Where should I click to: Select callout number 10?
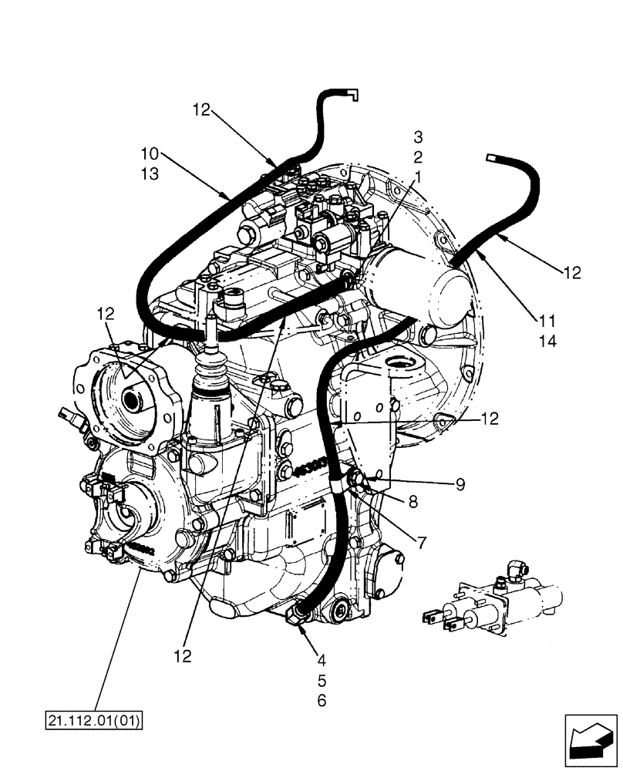pos(150,153)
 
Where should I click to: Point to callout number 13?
pos(150,174)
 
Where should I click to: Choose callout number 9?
pos(460,484)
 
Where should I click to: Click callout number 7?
pos(422,542)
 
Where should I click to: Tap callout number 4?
pos(321,660)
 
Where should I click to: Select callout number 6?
pos(321,701)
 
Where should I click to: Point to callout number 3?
pos(418,137)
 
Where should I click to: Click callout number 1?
pos(418,176)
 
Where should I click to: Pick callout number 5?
pos(321,681)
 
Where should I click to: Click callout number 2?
pos(418,157)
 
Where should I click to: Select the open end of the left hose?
pos(353,95)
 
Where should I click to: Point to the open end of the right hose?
pos(490,157)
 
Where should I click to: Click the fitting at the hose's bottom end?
pos(298,615)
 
